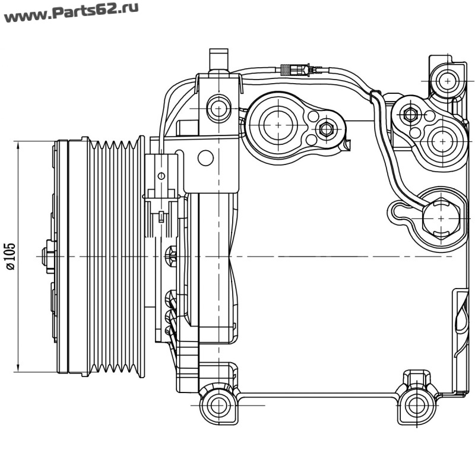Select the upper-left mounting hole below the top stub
[x=219, y=108]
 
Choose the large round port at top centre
[x=278, y=125]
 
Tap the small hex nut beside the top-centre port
[x=325, y=128]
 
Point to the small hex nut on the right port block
[x=409, y=115]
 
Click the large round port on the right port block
[x=442, y=141]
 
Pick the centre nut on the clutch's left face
[x=49, y=256]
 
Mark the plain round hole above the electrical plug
[x=205, y=158]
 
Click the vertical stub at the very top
[x=218, y=60]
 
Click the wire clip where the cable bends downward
[x=375, y=96]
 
